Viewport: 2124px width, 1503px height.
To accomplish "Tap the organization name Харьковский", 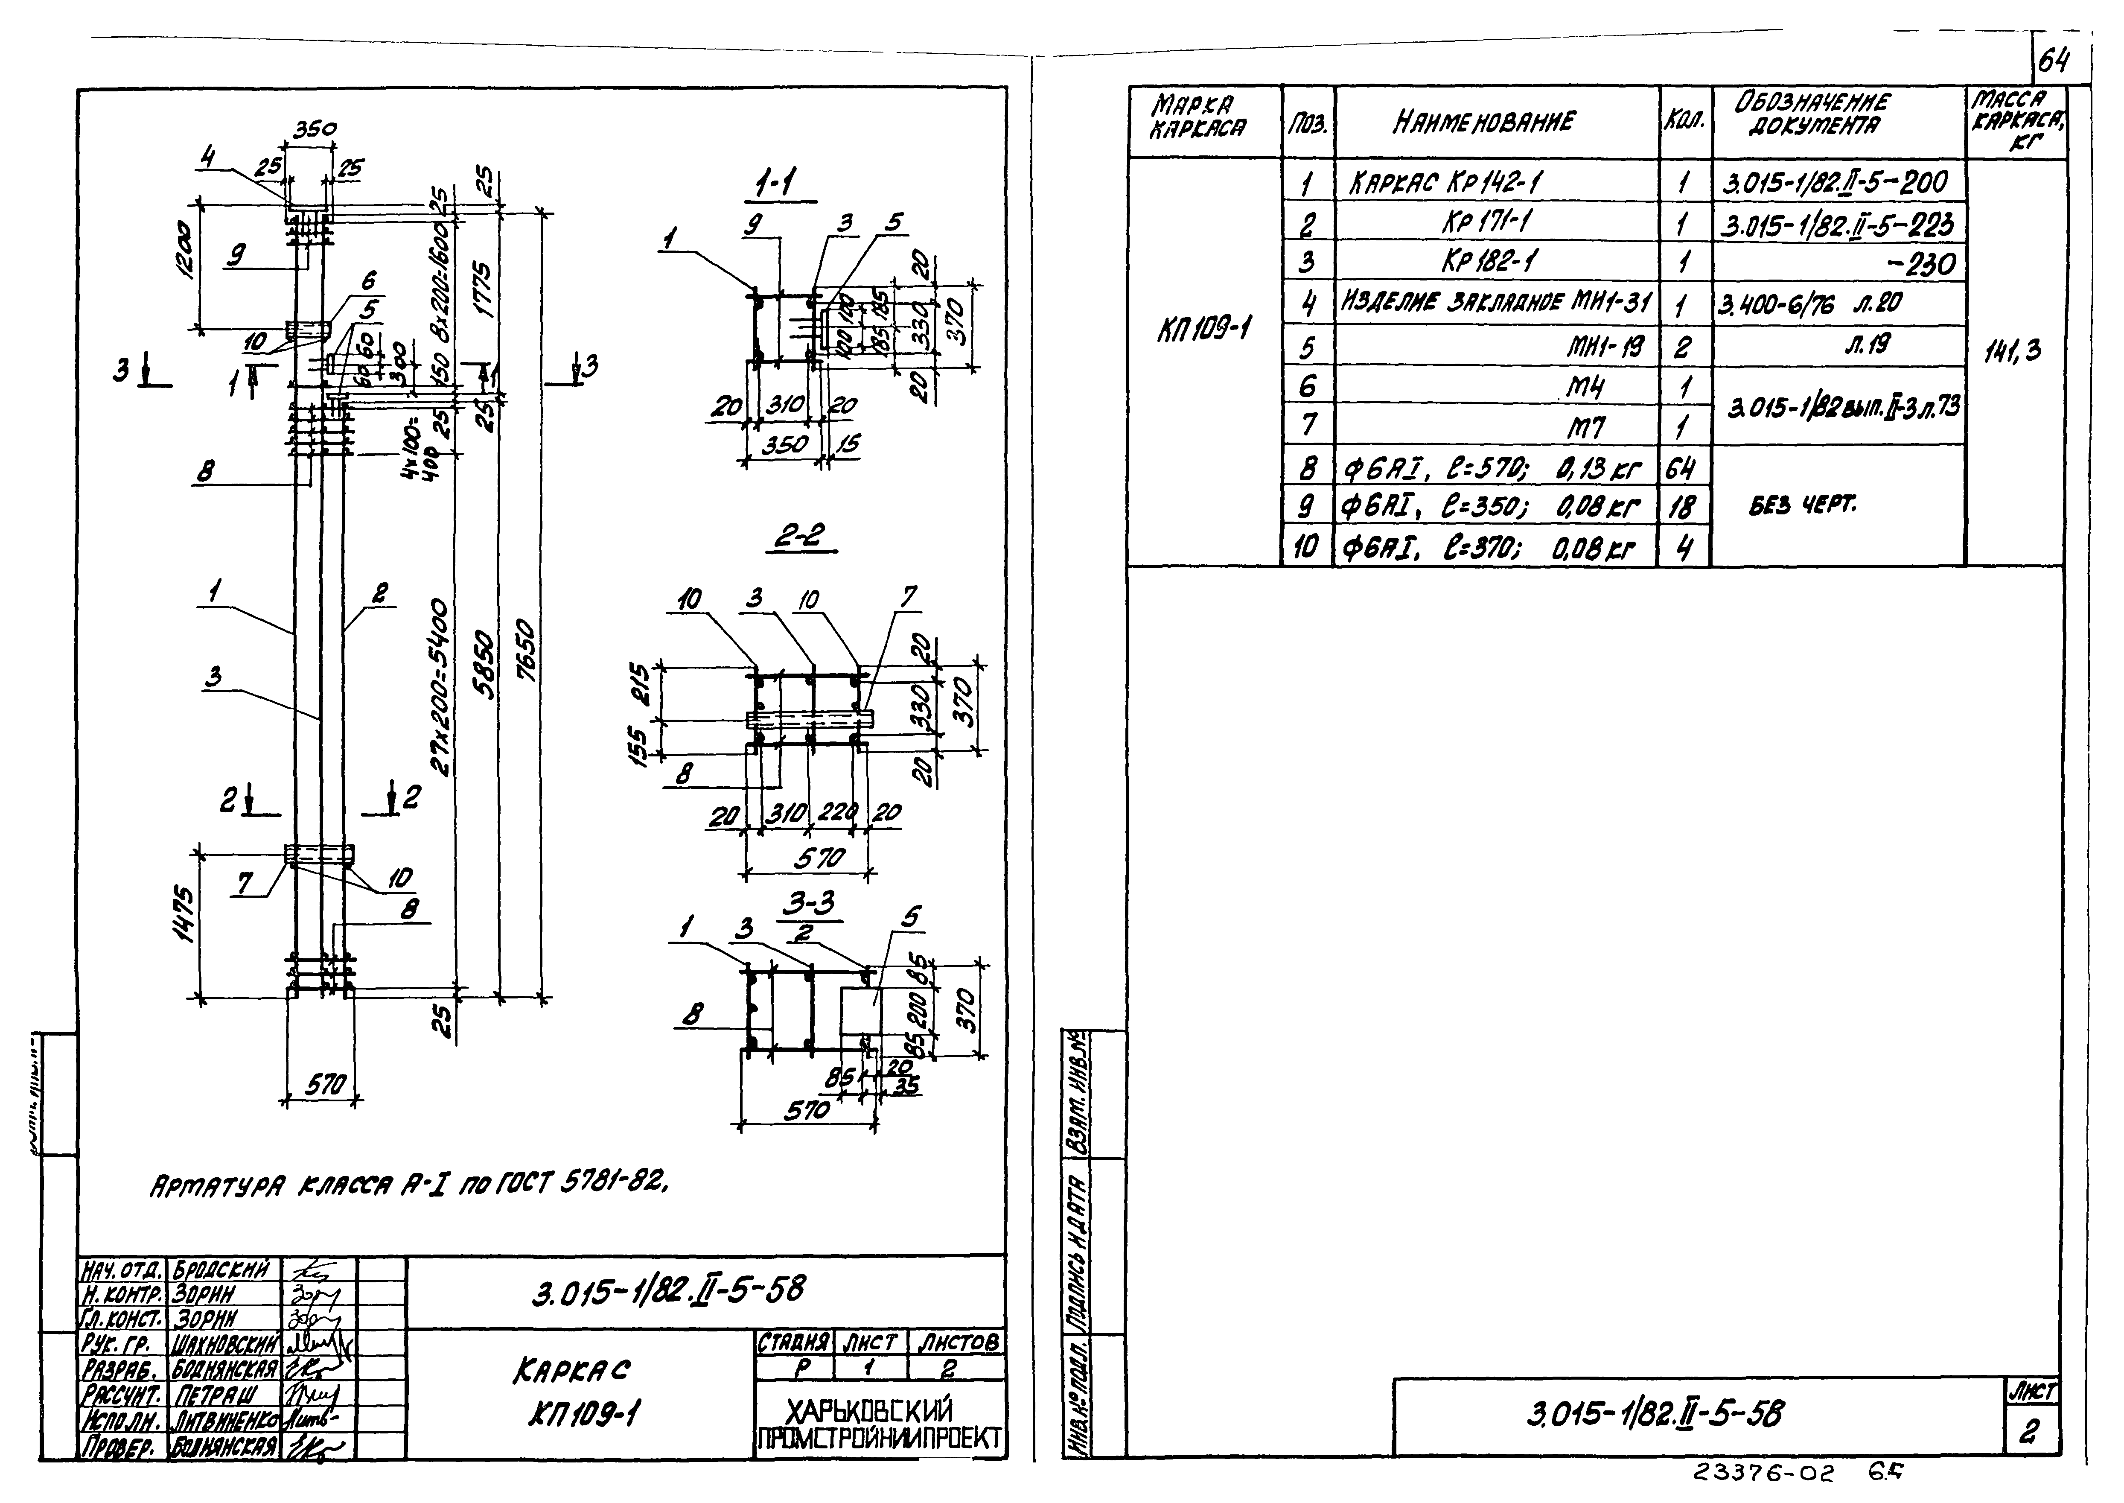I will point(867,1410).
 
